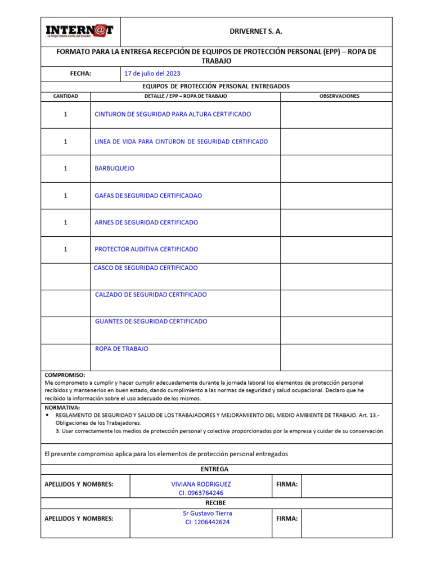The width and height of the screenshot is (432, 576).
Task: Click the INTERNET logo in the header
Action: [x=79, y=31]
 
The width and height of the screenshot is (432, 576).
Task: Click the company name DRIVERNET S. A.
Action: [x=256, y=31]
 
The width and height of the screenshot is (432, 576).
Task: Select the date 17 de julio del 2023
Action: [x=152, y=74]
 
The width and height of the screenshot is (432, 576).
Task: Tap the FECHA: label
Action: [x=80, y=74]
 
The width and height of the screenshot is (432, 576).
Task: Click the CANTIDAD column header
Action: [x=65, y=96]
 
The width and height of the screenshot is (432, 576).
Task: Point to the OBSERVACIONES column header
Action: [x=339, y=96]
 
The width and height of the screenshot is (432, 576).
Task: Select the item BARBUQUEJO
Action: [x=115, y=168]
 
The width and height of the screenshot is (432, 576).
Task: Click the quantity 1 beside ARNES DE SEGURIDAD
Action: [x=65, y=222]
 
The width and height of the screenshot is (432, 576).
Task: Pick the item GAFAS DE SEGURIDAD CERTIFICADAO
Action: [x=148, y=196]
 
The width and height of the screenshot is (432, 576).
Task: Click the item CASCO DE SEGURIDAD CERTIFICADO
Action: [x=146, y=268]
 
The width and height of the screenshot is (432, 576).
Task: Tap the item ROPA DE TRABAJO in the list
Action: [x=121, y=349]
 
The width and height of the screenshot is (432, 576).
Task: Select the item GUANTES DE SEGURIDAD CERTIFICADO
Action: [x=151, y=321]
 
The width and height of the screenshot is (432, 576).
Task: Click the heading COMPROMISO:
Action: [x=65, y=375]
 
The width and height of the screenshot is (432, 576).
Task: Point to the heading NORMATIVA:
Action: [x=62, y=407]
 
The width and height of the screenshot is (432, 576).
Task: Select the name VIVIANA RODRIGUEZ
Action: [x=201, y=484]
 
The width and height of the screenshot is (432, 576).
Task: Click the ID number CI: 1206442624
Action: [x=207, y=522]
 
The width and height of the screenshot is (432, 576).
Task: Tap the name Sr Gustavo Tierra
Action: [x=207, y=513]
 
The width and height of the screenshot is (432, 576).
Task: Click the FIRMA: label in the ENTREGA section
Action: [x=287, y=484]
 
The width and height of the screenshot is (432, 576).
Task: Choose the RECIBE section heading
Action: [x=215, y=503]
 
